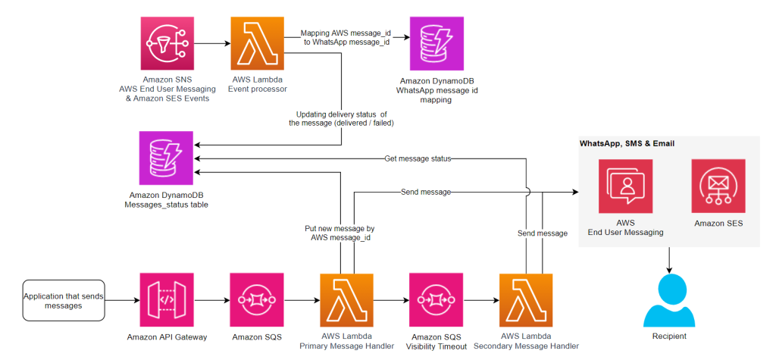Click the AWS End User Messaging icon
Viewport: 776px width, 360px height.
[625, 186]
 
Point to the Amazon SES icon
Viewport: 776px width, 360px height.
[718, 186]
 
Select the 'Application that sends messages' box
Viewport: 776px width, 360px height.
[63, 301]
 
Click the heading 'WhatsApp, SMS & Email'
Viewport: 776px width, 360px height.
[627, 143]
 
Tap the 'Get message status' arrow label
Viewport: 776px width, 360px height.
[418, 158]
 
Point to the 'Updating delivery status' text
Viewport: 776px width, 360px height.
[340, 117]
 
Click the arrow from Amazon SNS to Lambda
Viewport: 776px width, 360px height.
[211, 44]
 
